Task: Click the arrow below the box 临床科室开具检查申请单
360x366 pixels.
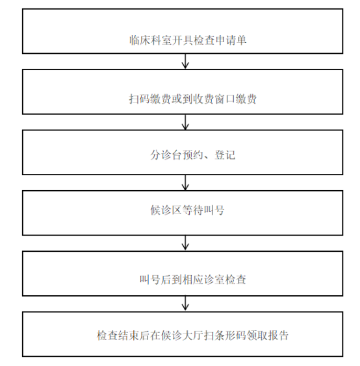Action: pyautogui.click(x=185, y=61)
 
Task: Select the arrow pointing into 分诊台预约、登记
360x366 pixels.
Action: pyautogui.click(x=185, y=122)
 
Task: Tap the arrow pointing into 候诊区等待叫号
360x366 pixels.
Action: pyautogui.click(x=185, y=182)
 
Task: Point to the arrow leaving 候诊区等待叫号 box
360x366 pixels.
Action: pyautogui.click(x=185, y=243)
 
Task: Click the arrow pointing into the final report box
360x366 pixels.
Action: pyautogui.click(x=185, y=303)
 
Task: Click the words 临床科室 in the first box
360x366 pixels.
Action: pyautogui.click(x=151, y=40)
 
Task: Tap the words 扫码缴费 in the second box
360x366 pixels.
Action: pyautogui.click(x=151, y=99)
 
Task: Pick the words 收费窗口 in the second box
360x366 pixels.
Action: pyautogui.click(x=214, y=99)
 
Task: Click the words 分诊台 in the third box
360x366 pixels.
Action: pyautogui.click(x=166, y=155)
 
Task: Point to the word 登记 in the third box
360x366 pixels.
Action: pyautogui.click(x=225, y=155)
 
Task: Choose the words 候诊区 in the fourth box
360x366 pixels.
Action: pyautogui.click(x=166, y=210)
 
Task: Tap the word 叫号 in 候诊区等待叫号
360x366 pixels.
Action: pyautogui.click(x=214, y=210)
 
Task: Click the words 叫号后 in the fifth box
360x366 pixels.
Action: pyautogui.click(x=156, y=280)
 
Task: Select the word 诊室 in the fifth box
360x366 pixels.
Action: pyautogui.click(x=214, y=280)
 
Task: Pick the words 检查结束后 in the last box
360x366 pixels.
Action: pyautogui.click(x=123, y=335)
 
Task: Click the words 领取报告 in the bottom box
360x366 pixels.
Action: pyautogui.click(x=268, y=335)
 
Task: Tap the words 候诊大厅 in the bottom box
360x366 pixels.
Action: pyautogui.click(x=182, y=335)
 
